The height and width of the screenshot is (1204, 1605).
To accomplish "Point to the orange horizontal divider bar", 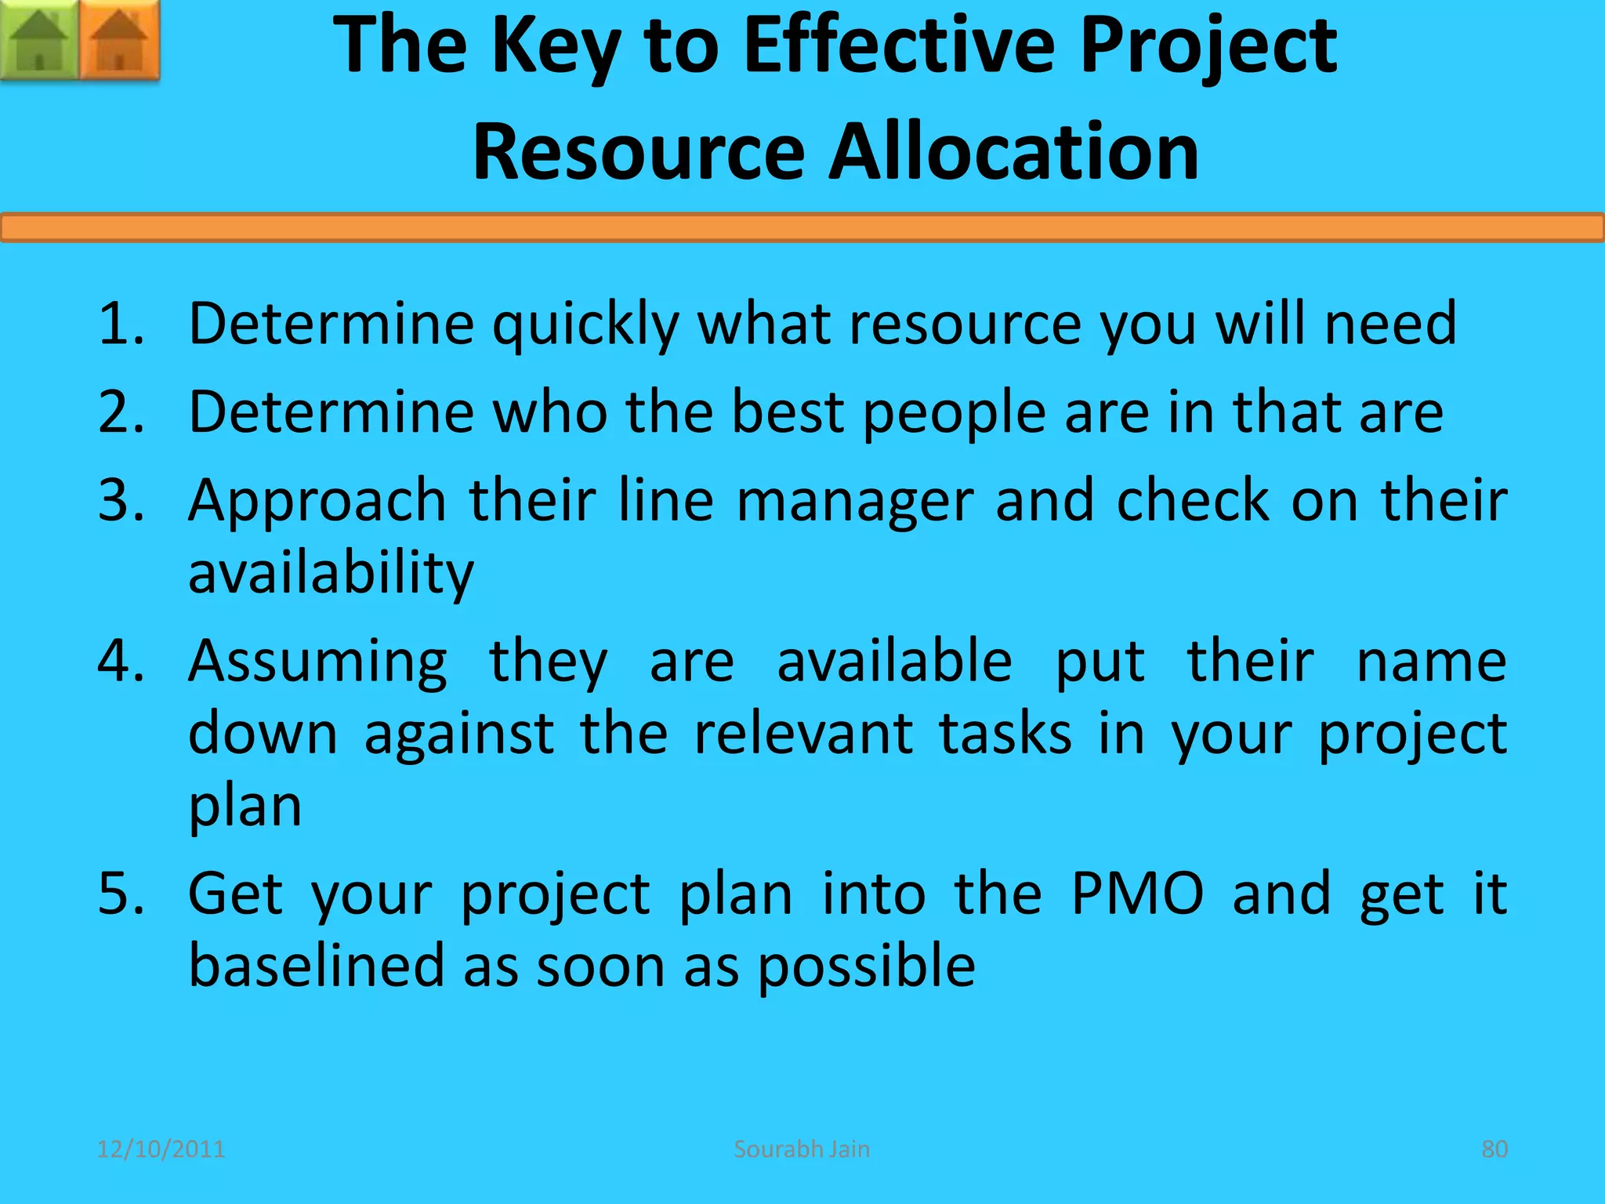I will pos(802,228).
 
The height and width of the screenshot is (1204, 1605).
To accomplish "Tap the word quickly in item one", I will pos(585,325).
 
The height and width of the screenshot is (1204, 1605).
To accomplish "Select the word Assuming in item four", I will pos(318,662).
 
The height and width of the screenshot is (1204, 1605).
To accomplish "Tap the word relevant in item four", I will pos(803,734).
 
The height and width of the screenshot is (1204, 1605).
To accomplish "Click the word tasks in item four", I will pos(1005,734).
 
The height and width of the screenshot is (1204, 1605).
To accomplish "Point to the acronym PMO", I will pos(1136,894).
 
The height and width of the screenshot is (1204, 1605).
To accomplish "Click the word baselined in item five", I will pos(315,966).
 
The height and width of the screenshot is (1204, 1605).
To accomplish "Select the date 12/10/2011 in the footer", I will pos(161,1149).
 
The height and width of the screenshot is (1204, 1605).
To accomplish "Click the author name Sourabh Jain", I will pos(802,1149).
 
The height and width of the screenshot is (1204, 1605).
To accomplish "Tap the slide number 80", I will pos(1494,1149).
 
